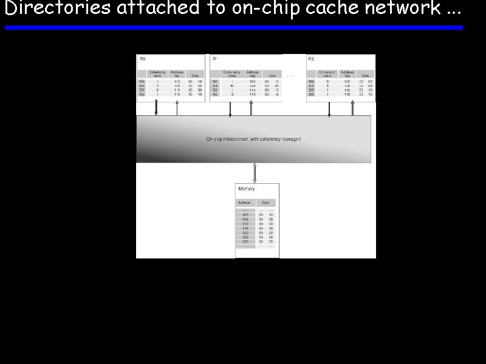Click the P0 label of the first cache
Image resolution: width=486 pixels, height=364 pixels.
tap(143, 59)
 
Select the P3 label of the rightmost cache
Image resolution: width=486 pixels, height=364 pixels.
tap(311, 59)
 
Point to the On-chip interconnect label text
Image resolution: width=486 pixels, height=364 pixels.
tap(253, 140)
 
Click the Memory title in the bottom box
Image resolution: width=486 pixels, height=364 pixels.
tap(247, 189)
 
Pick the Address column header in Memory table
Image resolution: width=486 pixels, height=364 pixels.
tap(244, 203)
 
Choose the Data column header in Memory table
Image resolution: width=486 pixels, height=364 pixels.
tap(265, 203)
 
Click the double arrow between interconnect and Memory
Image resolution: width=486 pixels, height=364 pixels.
tap(255, 173)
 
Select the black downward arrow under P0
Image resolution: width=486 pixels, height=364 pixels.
tap(156, 108)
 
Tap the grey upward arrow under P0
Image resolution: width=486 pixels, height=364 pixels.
tap(177, 108)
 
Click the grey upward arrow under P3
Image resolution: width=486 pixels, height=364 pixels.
tap(352, 108)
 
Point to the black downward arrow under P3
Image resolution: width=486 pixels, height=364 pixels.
tap(329, 108)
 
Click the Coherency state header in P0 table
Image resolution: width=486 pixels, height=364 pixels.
tap(158, 74)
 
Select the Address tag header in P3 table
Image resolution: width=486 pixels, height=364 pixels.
tap(347, 74)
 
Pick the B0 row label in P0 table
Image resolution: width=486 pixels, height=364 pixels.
tap(142, 81)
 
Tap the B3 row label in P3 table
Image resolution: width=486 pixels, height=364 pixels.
tap(311, 95)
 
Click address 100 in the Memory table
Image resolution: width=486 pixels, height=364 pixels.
tap(245, 215)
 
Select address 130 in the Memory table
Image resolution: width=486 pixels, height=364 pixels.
tap(245, 241)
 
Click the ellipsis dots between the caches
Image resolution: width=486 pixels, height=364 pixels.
tap(291, 76)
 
